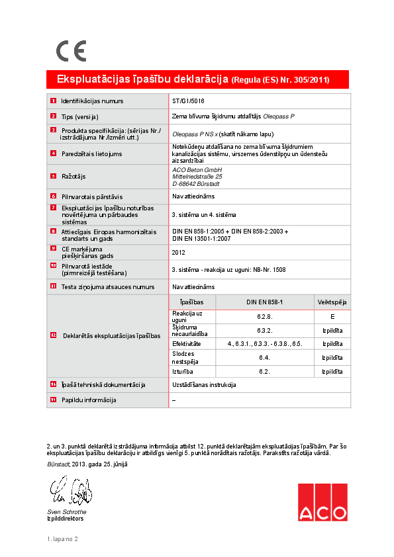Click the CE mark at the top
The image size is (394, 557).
(x=70, y=50)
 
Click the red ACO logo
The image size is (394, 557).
(x=322, y=503)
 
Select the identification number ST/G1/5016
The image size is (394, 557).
(x=188, y=101)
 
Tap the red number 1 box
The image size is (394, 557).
(x=53, y=101)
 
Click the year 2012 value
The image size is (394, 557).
(x=178, y=252)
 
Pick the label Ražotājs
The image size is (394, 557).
(x=74, y=177)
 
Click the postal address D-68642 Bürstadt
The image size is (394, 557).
(x=197, y=184)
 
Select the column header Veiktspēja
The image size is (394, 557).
(x=332, y=302)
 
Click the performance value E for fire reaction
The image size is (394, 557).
(x=332, y=316)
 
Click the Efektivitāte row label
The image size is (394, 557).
(x=187, y=344)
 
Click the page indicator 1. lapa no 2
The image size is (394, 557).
(x=62, y=540)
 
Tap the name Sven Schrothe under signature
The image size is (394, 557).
(x=66, y=511)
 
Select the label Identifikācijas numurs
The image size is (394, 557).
(x=92, y=101)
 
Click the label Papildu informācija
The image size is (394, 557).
(x=88, y=400)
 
